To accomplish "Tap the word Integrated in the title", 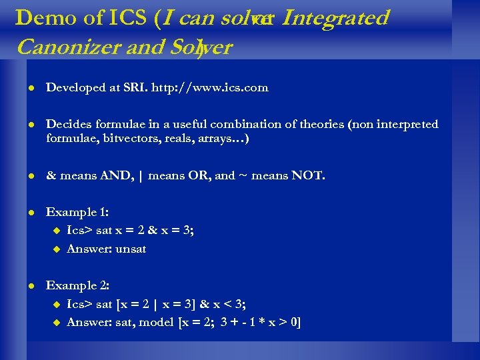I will tap(335, 17).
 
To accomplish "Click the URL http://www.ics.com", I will tap(210, 87).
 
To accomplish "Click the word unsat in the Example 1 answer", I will tap(131, 249).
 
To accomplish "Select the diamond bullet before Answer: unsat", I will tap(56, 249).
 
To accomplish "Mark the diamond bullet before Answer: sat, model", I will tap(56, 323).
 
